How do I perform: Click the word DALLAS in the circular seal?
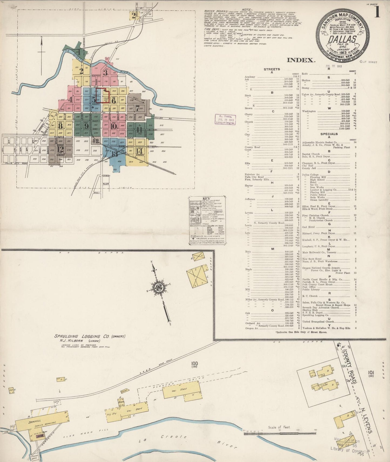pos(342,39)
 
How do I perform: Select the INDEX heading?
pos(301,60)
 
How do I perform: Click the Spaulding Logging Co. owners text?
pos(89,336)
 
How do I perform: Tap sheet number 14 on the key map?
pos(139,150)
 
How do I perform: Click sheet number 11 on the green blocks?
pos(139,129)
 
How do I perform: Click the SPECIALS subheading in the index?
pos(329,134)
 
